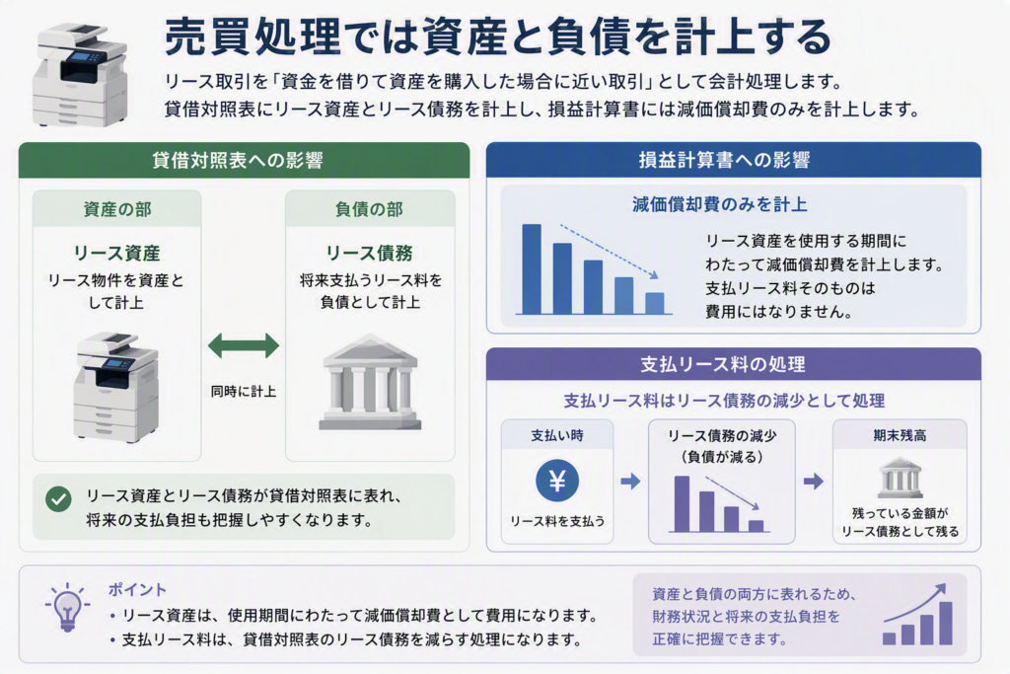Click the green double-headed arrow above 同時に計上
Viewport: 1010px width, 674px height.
[244, 346]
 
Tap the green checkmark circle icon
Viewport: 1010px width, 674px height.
[58, 498]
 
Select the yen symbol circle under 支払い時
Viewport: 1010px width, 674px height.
[557, 481]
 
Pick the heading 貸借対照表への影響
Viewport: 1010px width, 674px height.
[238, 161]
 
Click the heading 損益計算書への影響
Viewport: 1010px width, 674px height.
[725, 161]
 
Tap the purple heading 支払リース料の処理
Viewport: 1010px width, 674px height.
[723, 365]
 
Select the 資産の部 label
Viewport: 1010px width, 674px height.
[117, 209]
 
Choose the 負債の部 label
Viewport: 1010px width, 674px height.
[369, 209]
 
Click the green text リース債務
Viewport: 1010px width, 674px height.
[369, 254]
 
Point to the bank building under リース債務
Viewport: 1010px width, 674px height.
[371, 382]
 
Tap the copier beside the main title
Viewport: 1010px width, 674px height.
[81, 75]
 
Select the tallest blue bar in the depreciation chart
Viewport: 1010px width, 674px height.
[532, 269]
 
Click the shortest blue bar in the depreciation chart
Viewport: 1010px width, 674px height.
[655, 304]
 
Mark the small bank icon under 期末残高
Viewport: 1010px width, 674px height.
[901, 478]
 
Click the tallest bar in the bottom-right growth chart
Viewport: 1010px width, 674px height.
[946, 623]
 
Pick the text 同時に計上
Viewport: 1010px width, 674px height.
[244, 391]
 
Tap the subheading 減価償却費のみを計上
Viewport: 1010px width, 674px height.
[719, 205]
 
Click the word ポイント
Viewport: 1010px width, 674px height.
[137, 589]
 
